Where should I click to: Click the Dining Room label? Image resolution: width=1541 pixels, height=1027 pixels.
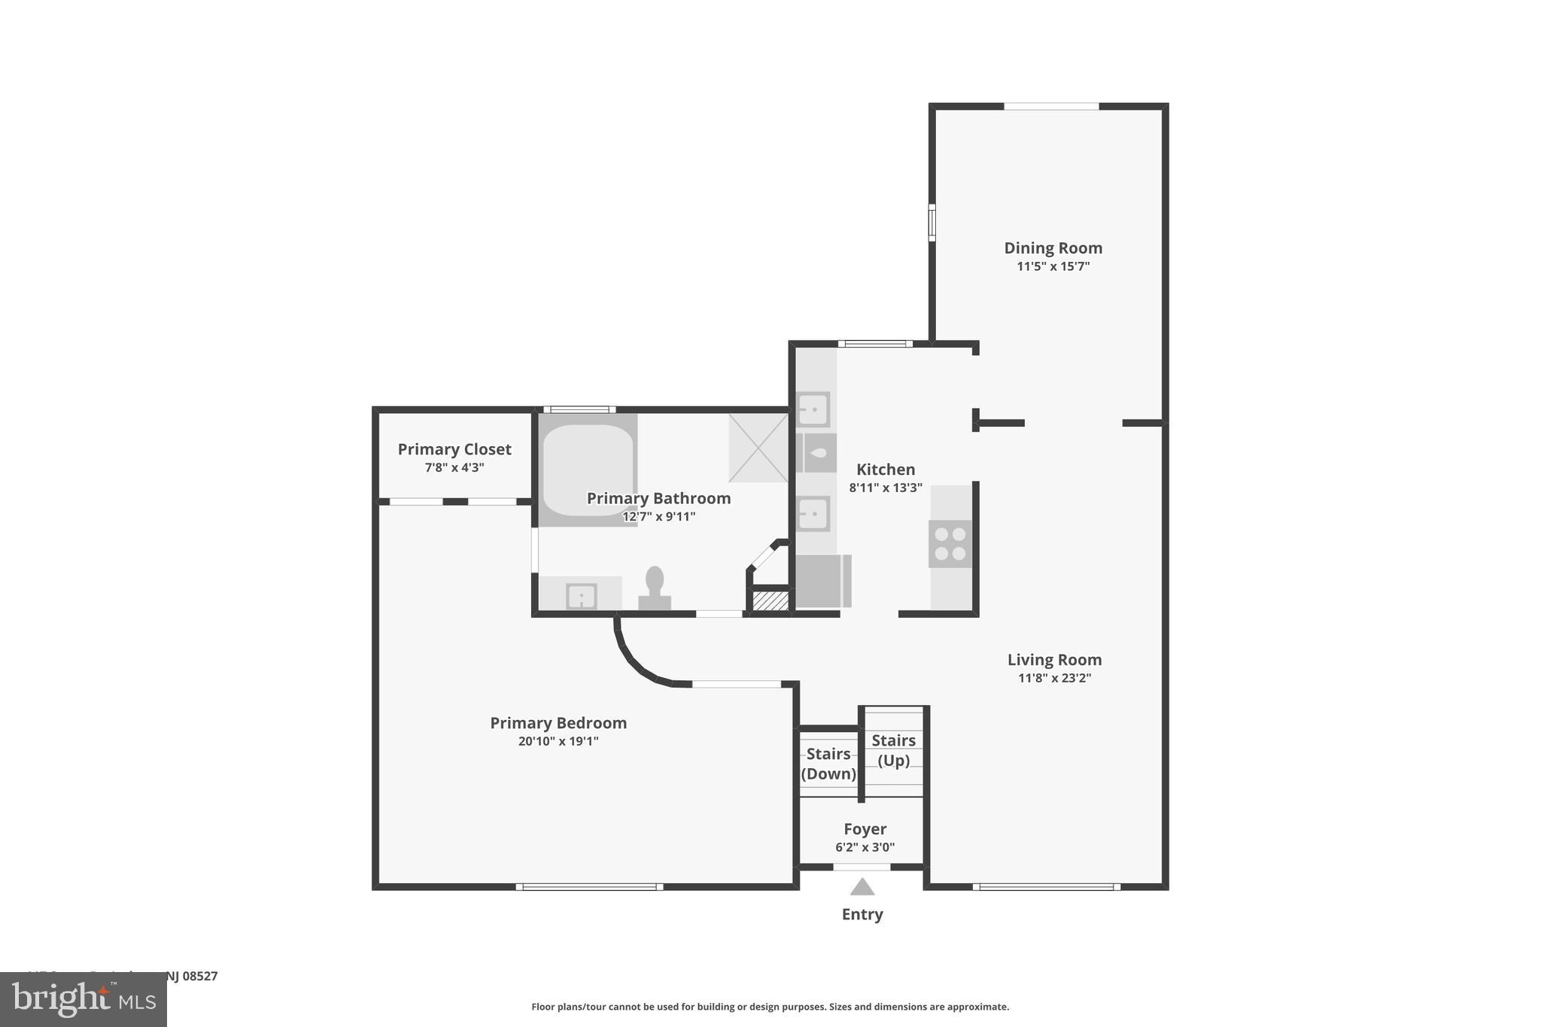[1053, 248]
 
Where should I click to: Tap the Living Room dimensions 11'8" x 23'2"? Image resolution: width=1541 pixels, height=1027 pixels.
[1054, 678]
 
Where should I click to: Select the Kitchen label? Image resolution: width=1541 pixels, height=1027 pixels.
[886, 469]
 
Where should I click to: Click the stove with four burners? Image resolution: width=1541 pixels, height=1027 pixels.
[950, 544]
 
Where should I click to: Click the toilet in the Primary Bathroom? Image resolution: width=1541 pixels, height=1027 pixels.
[655, 588]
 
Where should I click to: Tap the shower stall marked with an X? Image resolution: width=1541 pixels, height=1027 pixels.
[758, 448]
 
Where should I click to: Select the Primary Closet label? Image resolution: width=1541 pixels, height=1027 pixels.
[454, 449]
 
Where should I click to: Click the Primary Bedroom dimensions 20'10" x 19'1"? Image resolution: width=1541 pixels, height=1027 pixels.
[558, 741]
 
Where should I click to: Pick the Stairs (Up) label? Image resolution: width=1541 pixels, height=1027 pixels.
[893, 750]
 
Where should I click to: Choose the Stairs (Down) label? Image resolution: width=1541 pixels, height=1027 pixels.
[828, 764]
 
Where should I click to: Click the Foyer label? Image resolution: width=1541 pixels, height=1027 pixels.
[865, 829]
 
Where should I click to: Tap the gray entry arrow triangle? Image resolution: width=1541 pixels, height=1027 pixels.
[862, 888]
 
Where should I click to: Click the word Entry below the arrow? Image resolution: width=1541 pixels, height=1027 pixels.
[862, 914]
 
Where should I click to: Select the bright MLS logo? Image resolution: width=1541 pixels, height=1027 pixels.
[84, 999]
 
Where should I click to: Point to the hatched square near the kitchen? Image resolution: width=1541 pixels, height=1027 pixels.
[770, 600]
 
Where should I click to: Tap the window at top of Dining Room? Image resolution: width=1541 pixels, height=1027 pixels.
[1051, 107]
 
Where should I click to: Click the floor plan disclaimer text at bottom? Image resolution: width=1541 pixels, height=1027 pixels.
[770, 1007]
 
